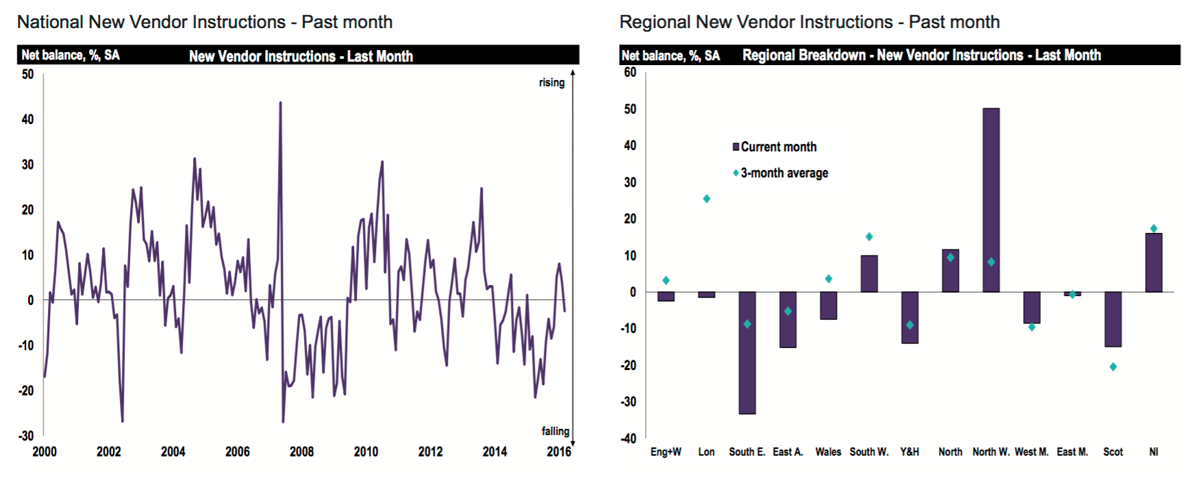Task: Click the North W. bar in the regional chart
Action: (x=991, y=200)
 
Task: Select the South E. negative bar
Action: (x=747, y=353)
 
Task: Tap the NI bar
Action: (x=1154, y=262)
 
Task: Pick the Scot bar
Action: (x=1113, y=319)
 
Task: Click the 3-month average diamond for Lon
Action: (x=707, y=199)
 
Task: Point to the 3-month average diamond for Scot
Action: (x=1113, y=367)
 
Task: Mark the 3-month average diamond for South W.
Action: (x=869, y=237)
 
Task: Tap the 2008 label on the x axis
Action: (x=301, y=452)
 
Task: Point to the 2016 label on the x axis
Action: (x=559, y=452)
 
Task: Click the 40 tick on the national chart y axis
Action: (x=27, y=119)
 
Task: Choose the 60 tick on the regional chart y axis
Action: (x=630, y=72)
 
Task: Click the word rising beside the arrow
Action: (x=551, y=82)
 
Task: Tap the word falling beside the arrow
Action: (x=555, y=431)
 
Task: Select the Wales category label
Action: (x=828, y=452)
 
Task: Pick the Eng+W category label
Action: (x=666, y=452)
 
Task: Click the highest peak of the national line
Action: (x=280, y=103)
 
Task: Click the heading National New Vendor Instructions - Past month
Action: (x=205, y=22)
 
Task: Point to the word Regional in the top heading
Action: (x=655, y=22)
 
